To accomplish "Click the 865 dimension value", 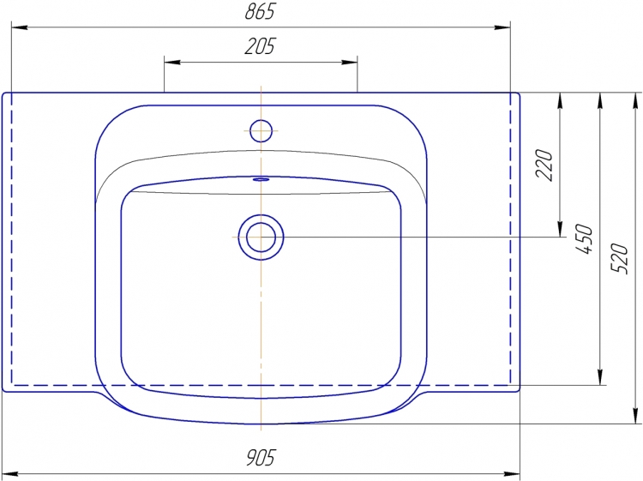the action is click(260, 11).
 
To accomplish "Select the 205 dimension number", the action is click(260, 46).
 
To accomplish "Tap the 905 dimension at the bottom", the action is click(261, 457).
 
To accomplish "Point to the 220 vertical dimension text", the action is click(544, 165).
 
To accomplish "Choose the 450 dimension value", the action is click(584, 238).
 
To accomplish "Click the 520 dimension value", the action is click(619, 258).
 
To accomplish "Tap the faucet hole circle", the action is click(261, 131).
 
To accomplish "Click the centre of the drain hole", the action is click(261, 237).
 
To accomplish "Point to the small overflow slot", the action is click(261, 179).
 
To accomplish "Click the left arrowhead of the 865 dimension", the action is click(19, 27).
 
